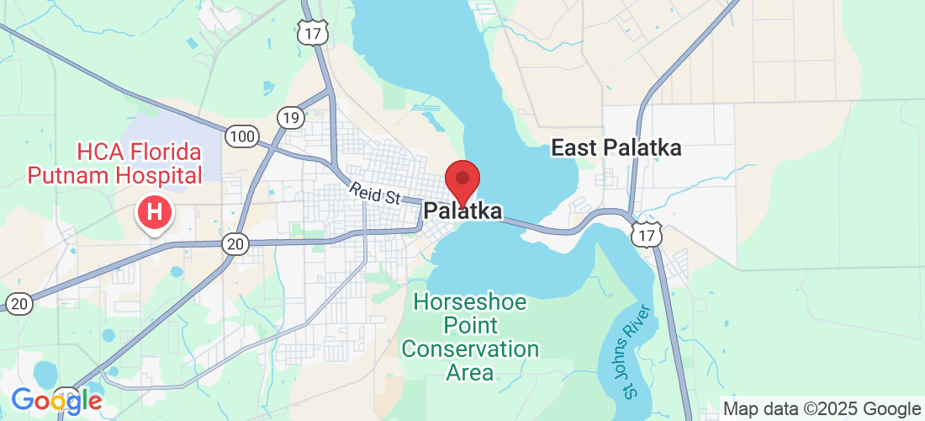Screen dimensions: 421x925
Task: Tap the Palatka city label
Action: click(x=463, y=211)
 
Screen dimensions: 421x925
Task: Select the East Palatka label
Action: click(x=616, y=149)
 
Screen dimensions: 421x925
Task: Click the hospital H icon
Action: click(x=154, y=212)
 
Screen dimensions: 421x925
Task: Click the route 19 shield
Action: click(x=291, y=117)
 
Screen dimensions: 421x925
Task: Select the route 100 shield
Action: click(x=241, y=134)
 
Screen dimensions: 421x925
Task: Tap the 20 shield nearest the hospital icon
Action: click(x=235, y=244)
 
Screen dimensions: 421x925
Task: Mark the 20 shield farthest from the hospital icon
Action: click(x=18, y=303)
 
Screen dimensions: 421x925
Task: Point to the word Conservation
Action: click(x=470, y=349)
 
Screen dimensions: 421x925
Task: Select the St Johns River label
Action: click(x=637, y=357)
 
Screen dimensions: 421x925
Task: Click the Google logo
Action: click(x=56, y=401)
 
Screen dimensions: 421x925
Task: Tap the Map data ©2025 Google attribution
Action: click(x=822, y=409)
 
